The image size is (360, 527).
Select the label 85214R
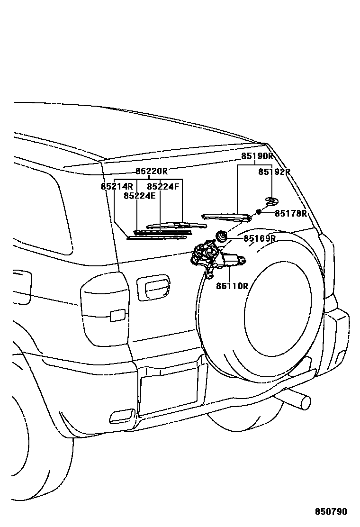(117, 186)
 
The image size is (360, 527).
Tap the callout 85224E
(140, 195)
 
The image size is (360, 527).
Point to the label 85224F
(163, 186)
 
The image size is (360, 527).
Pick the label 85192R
(274, 172)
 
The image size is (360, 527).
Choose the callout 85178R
(291, 213)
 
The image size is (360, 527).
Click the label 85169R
(260, 238)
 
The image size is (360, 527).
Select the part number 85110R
(232, 286)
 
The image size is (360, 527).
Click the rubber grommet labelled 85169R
(221, 235)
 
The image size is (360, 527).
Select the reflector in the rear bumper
(122, 416)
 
